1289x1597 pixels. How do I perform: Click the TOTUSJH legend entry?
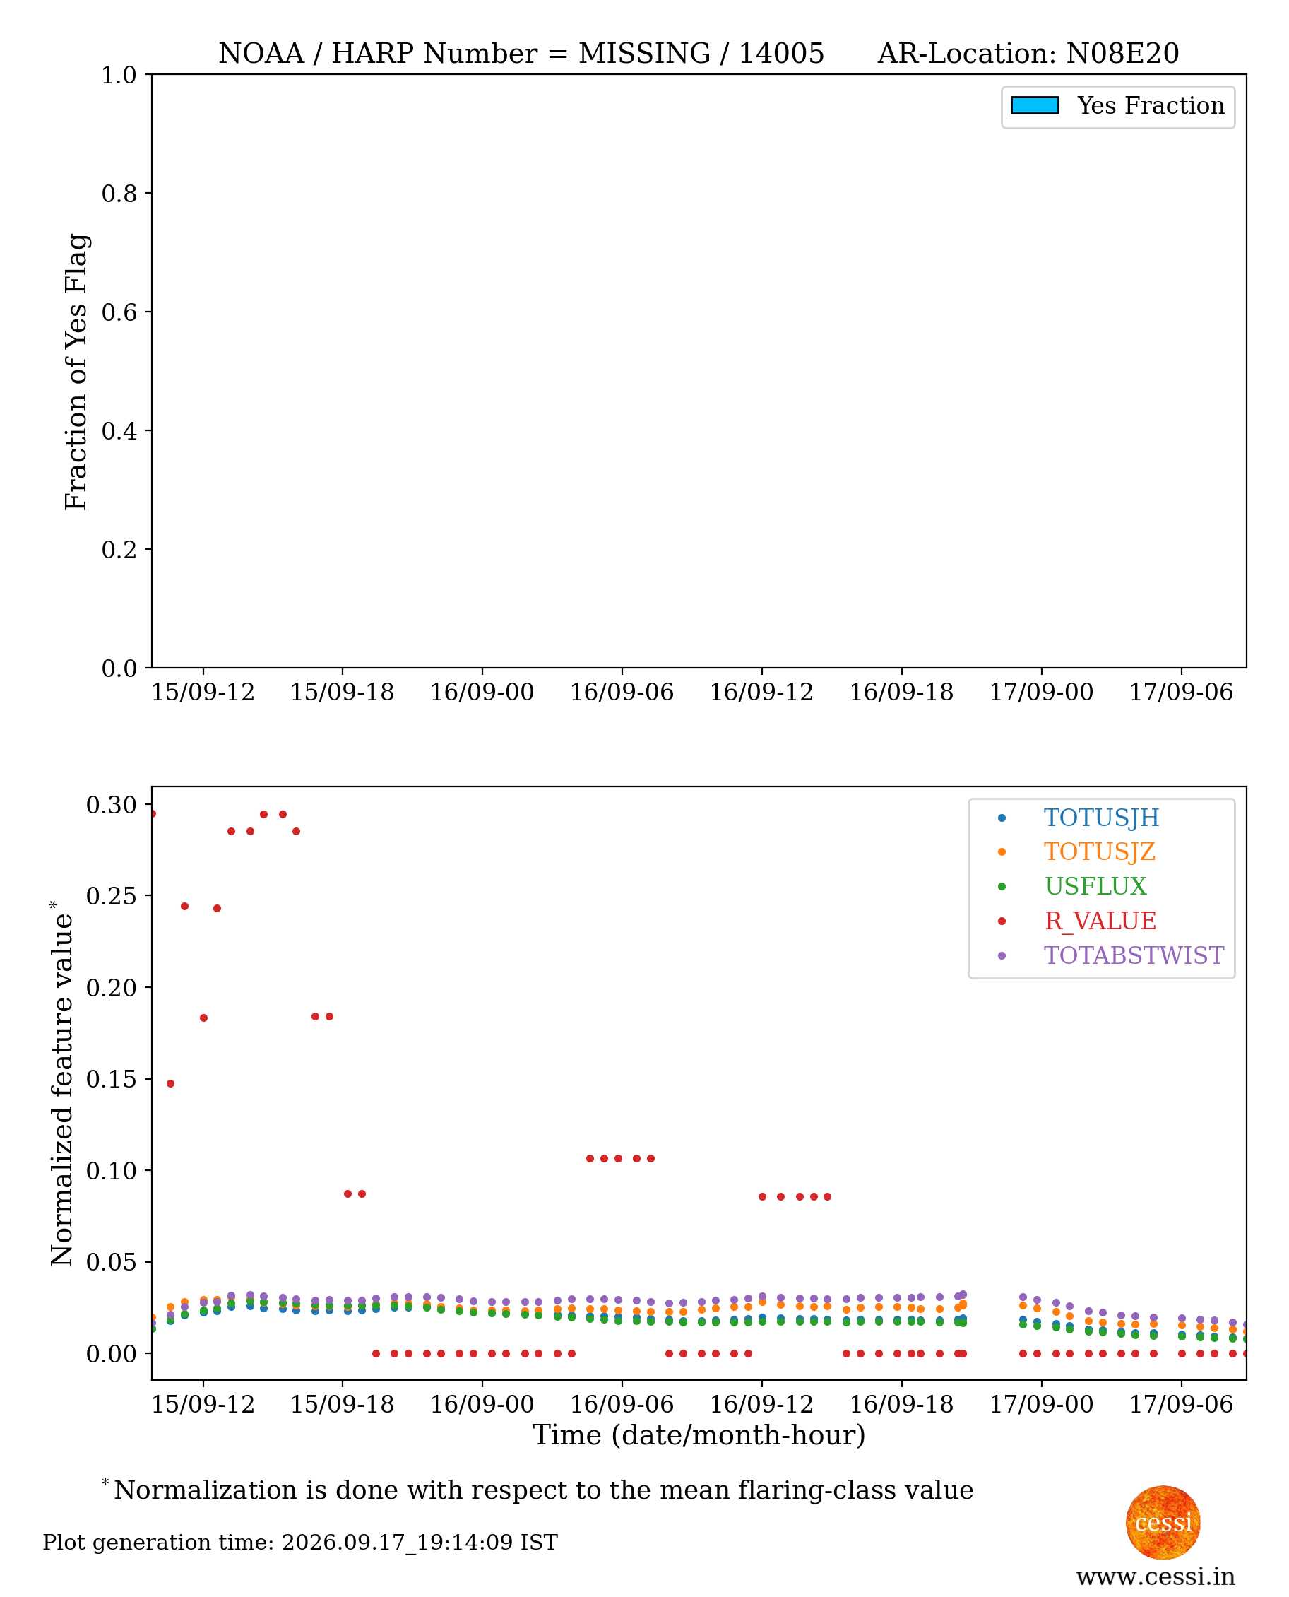1100,817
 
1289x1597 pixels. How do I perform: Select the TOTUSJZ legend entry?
1099,851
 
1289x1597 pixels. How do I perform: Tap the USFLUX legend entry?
1095,886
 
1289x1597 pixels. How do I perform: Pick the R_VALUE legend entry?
1100,921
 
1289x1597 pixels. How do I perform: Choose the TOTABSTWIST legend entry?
1134,955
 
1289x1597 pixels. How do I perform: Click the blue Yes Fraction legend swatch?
1034,105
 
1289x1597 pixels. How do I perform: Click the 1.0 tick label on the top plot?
119,75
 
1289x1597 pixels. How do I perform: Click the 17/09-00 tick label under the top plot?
1041,693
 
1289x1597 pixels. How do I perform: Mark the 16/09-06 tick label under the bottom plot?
622,1405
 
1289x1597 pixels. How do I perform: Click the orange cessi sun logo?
1163,1523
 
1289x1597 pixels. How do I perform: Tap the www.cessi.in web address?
1156,1577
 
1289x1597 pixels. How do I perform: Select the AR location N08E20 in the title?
1123,54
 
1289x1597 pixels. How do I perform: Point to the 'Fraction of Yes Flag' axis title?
76,372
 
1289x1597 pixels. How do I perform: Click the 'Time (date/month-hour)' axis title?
699,1435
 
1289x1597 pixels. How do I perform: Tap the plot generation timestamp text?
300,1543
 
